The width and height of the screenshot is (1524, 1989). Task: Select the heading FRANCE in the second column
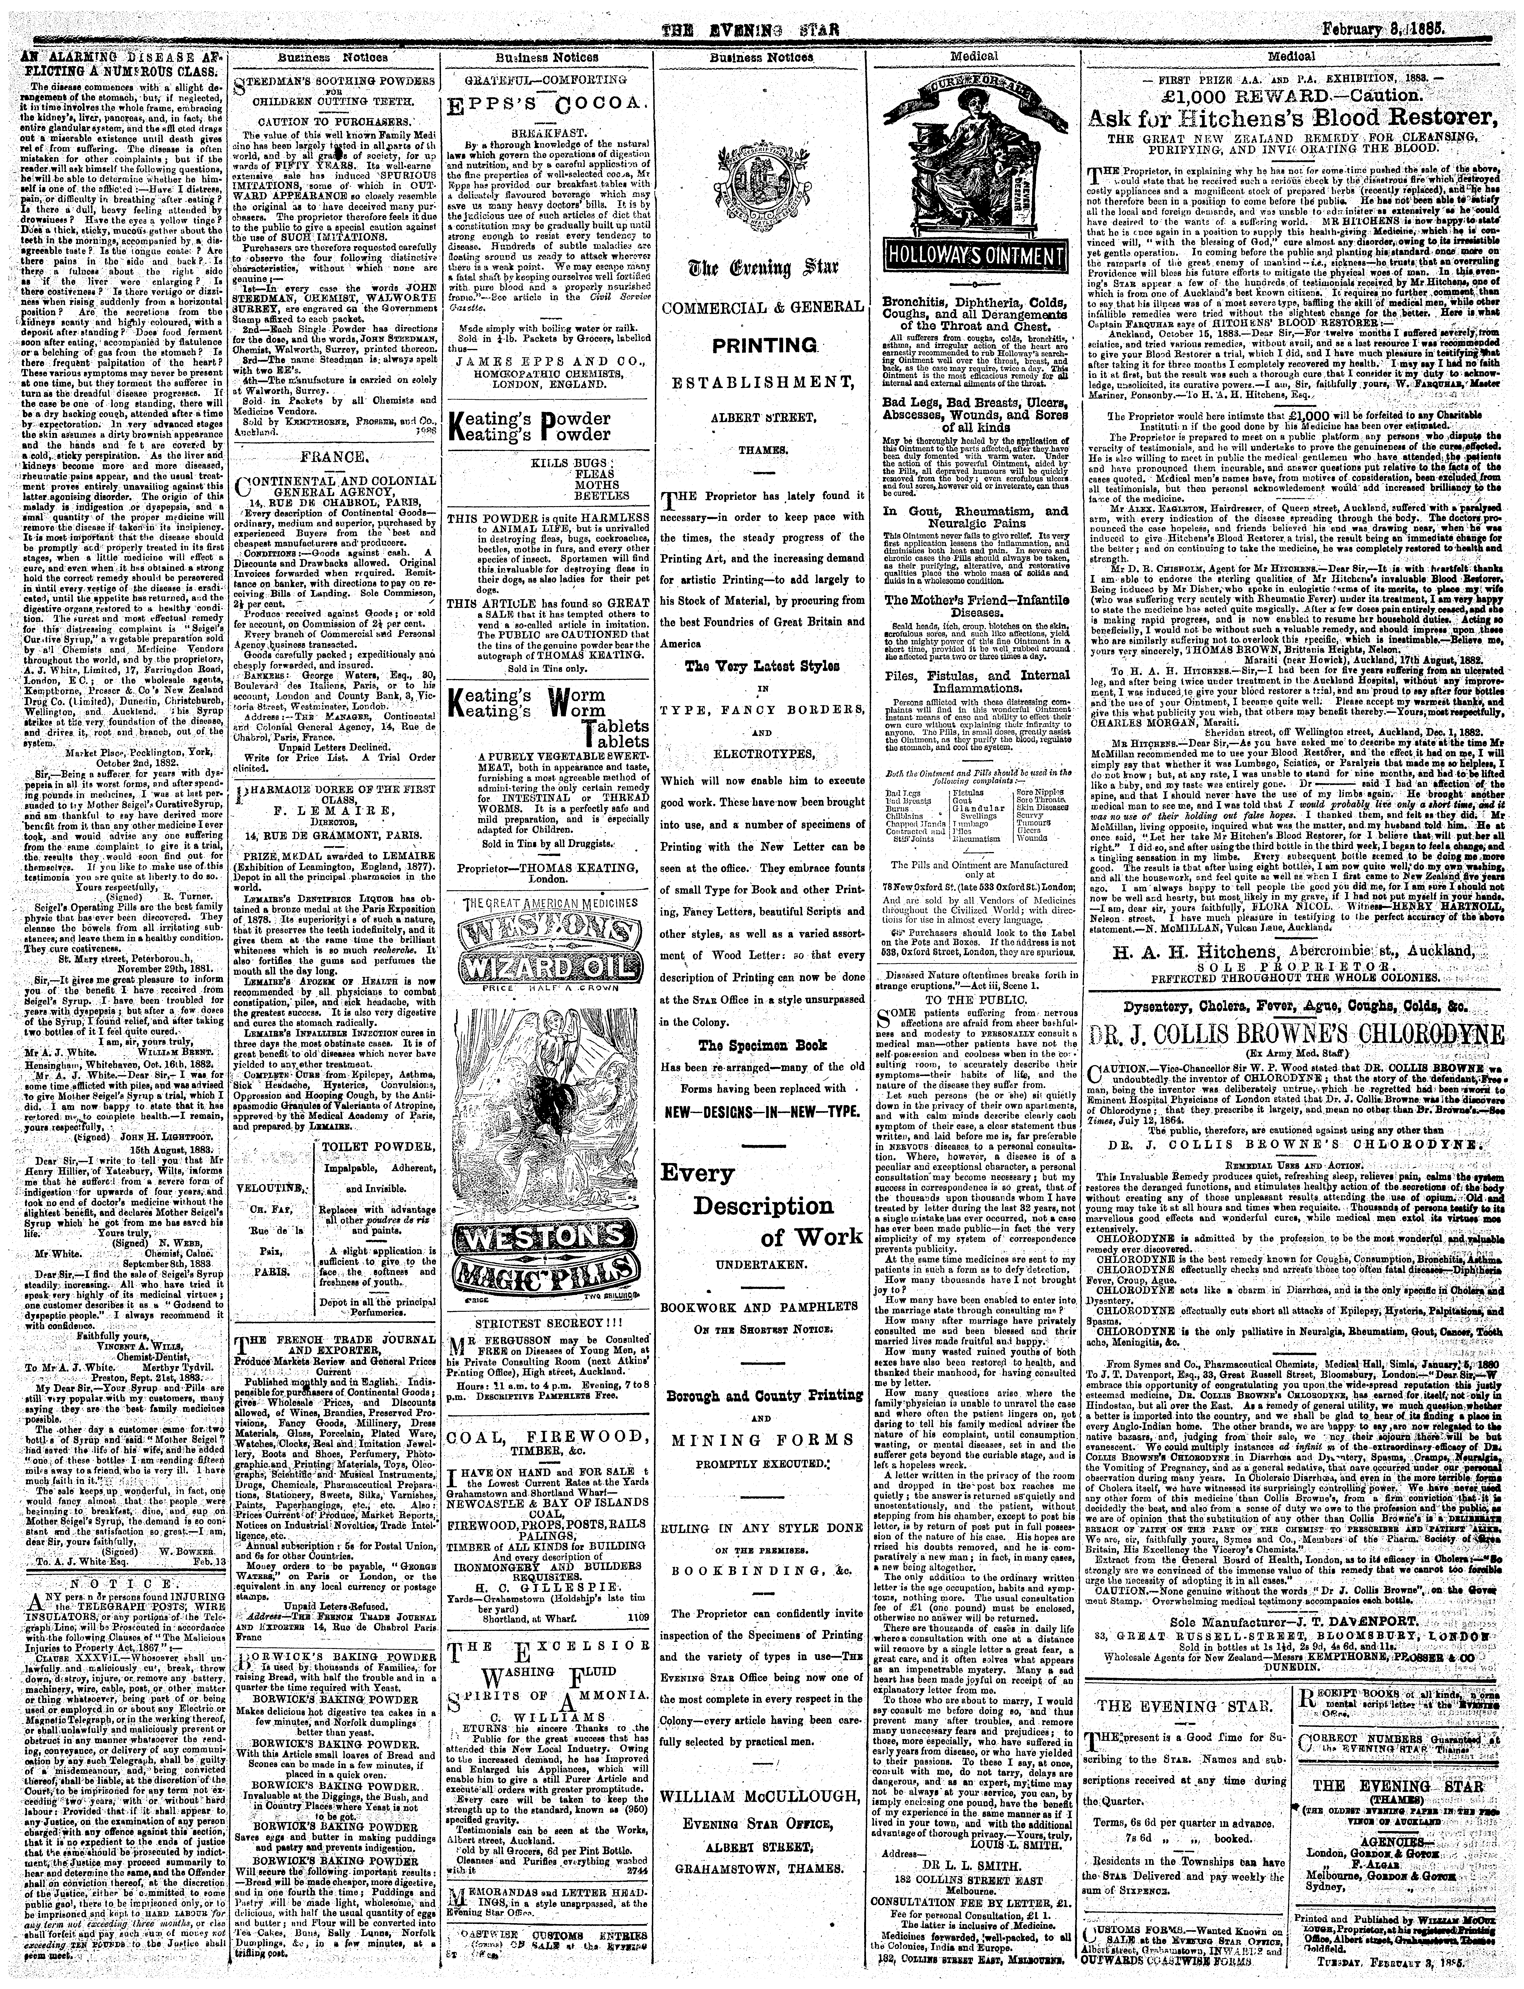point(332,456)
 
